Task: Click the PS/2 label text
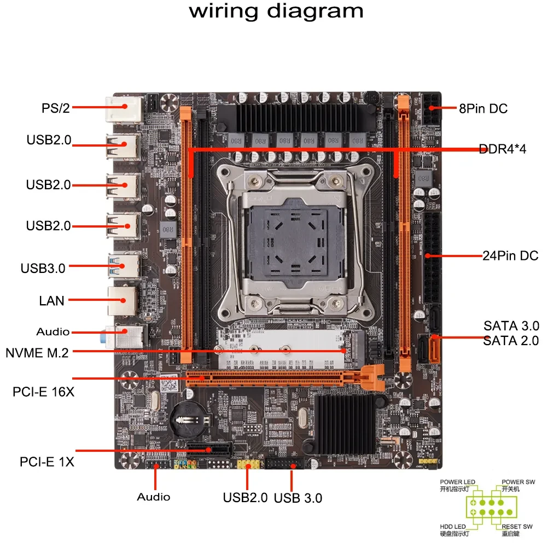click(x=56, y=108)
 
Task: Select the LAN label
click(x=51, y=300)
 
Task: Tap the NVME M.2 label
click(x=37, y=353)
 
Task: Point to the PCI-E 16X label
click(x=44, y=392)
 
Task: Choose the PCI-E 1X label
click(x=47, y=462)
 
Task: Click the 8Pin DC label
click(x=483, y=108)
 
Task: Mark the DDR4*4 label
click(x=502, y=149)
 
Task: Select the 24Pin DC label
click(x=510, y=255)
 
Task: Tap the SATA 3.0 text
click(x=511, y=326)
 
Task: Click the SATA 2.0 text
click(x=511, y=341)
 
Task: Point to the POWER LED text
click(x=457, y=482)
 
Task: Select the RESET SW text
click(x=517, y=526)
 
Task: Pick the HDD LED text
click(x=453, y=526)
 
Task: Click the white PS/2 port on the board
click(x=123, y=109)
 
